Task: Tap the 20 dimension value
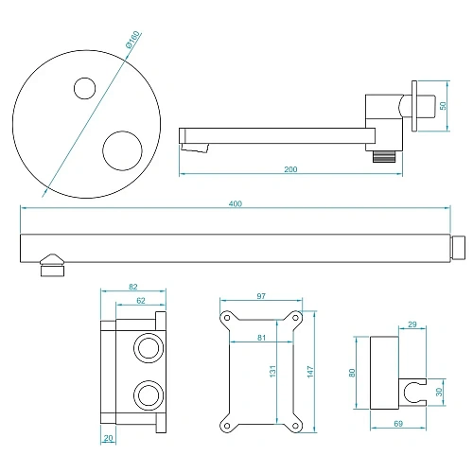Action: [110, 438]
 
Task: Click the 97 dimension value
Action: [262, 297]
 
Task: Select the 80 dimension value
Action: [354, 374]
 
